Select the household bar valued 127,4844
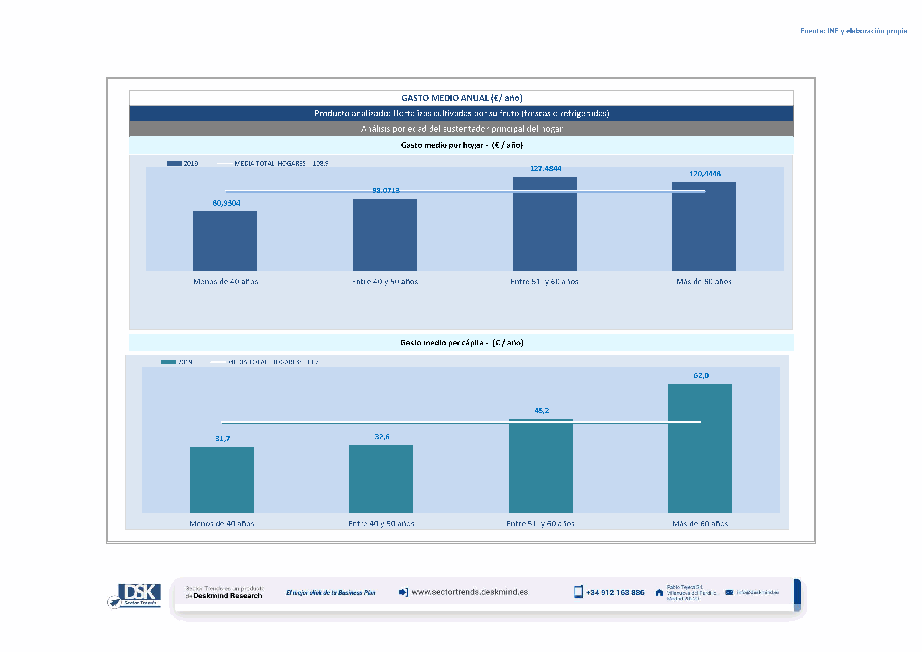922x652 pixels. pyautogui.click(x=544, y=224)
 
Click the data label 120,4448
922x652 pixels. pyautogui.click(x=705, y=174)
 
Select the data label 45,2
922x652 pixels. pyautogui.click(x=541, y=410)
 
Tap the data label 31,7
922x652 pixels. pyautogui.click(x=222, y=439)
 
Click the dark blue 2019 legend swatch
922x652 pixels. pyautogui.click(x=174, y=164)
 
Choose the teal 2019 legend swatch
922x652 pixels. pyautogui.click(x=169, y=362)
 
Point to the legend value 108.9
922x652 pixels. pyautogui.click(x=320, y=164)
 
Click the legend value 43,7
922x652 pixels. pyautogui.click(x=312, y=362)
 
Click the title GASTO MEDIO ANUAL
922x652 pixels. pyautogui.click(x=461, y=98)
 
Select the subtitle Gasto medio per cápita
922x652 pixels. pyautogui.click(x=461, y=343)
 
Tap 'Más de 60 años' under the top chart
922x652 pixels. pyautogui.click(x=704, y=281)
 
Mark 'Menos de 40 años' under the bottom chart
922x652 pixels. pyautogui.click(x=222, y=523)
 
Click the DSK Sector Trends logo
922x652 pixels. pyautogui.click(x=135, y=595)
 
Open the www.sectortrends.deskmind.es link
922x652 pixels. pyautogui.click(x=470, y=592)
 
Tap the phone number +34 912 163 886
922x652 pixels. pyautogui.click(x=615, y=593)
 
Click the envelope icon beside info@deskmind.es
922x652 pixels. pyautogui.click(x=729, y=592)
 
